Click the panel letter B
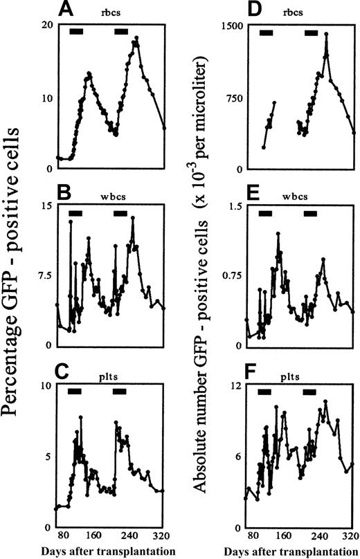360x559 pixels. pyautogui.click(x=48, y=195)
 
